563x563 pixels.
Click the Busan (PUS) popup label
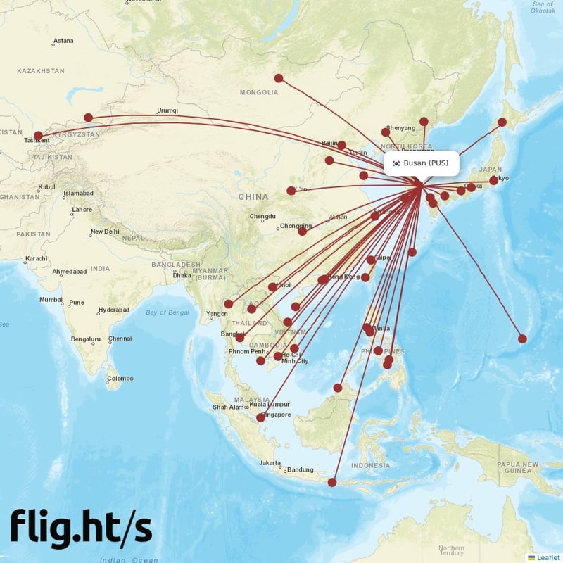[x=422, y=163]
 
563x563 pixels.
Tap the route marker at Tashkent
[x=38, y=135]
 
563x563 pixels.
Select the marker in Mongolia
[x=279, y=78]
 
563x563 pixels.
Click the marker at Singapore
[x=260, y=417]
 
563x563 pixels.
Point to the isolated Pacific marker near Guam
[x=522, y=339]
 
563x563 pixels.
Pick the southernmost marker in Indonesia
[x=332, y=482]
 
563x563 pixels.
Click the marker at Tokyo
[x=494, y=180]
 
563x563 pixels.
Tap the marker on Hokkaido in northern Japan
[x=502, y=122]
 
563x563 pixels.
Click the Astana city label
[x=63, y=41]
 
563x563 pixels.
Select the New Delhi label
[x=104, y=232]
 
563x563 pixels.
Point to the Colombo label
[x=120, y=379]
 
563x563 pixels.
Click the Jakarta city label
[x=270, y=463]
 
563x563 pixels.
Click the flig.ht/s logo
[x=81, y=528]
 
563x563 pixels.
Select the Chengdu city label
[x=262, y=216]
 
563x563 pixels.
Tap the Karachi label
[x=35, y=259]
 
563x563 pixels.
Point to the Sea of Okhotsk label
[x=543, y=8]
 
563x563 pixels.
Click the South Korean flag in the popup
[x=396, y=163]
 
